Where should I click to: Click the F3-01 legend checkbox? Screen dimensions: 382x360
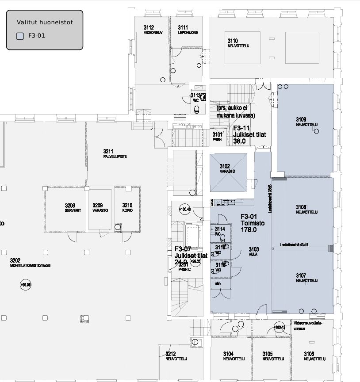pos(20,36)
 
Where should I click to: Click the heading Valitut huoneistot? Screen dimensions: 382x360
pos(45,22)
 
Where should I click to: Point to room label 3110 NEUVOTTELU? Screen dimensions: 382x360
pos(238,43)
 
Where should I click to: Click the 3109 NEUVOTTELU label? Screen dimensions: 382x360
pos(306,122)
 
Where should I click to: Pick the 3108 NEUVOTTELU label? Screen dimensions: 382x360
pos(306,209)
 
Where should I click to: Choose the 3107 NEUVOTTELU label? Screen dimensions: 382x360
pos(306,278)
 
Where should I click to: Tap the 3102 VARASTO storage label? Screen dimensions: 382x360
pos(227,168)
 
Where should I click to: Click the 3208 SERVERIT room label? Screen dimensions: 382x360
pos(73,208)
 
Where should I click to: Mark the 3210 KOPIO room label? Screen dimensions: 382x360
pos(127,208)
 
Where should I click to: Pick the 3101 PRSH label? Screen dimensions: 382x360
pos(217,136)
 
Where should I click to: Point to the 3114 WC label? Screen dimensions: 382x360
pos(220,231)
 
